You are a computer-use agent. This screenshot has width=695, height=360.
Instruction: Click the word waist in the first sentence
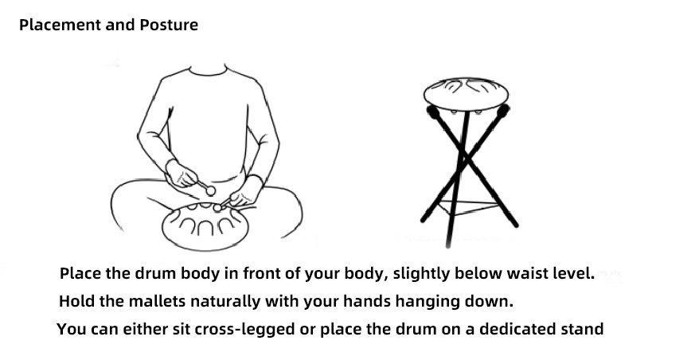coord(525,274)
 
